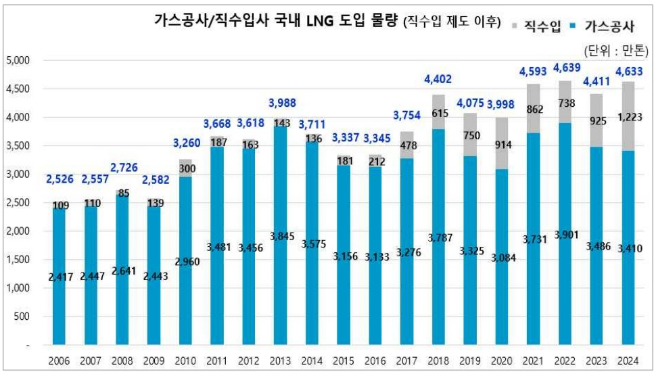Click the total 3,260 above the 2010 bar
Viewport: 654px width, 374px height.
[186, 143]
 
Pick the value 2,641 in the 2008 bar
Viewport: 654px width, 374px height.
[123, 271]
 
